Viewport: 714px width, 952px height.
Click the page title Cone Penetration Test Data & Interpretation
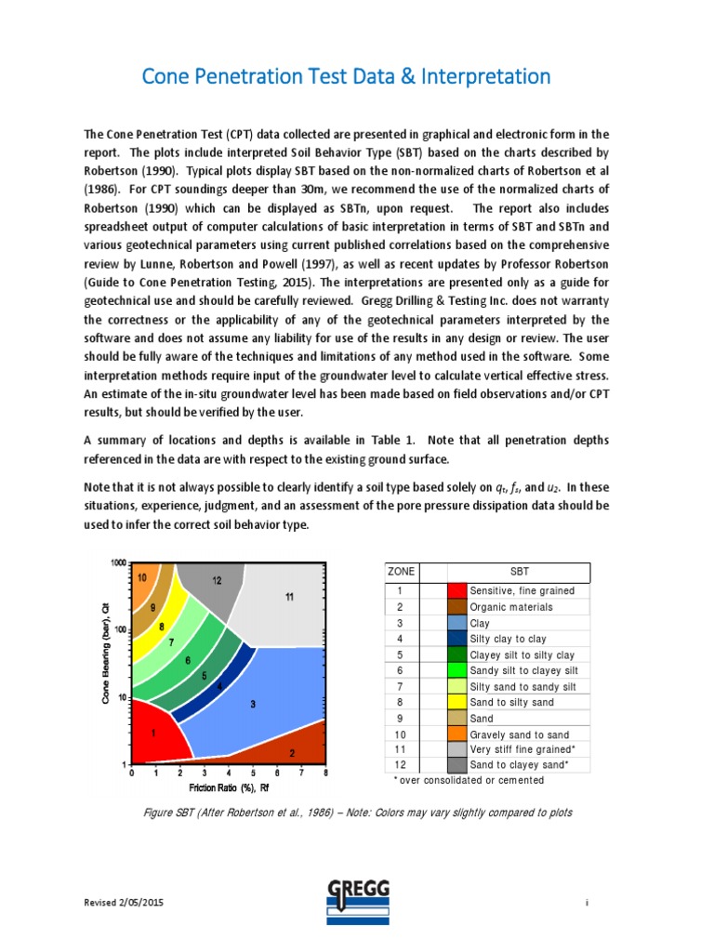[x=346, y=76]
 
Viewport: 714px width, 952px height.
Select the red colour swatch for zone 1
[x=456, y=590]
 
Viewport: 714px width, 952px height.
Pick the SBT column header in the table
[x=519, y=572]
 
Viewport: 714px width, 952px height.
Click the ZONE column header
[x=402, y=572]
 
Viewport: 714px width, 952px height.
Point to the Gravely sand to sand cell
[x=521, y=734]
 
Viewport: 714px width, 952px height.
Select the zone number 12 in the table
[x=400, y=764]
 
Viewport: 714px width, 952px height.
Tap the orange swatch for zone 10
[x=456, y=734]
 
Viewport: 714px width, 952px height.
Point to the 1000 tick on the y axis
[x=118, y=563]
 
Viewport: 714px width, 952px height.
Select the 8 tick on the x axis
[x=324, y=773]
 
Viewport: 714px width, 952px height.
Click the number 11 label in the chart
[x=289, y=597]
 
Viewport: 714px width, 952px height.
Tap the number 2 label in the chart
[x=292, y=753]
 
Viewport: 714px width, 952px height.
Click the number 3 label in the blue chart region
[x=252, y=705]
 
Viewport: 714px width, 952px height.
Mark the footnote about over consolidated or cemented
[x=469, y=780]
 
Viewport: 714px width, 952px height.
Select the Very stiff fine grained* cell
[x=522, y=748]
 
